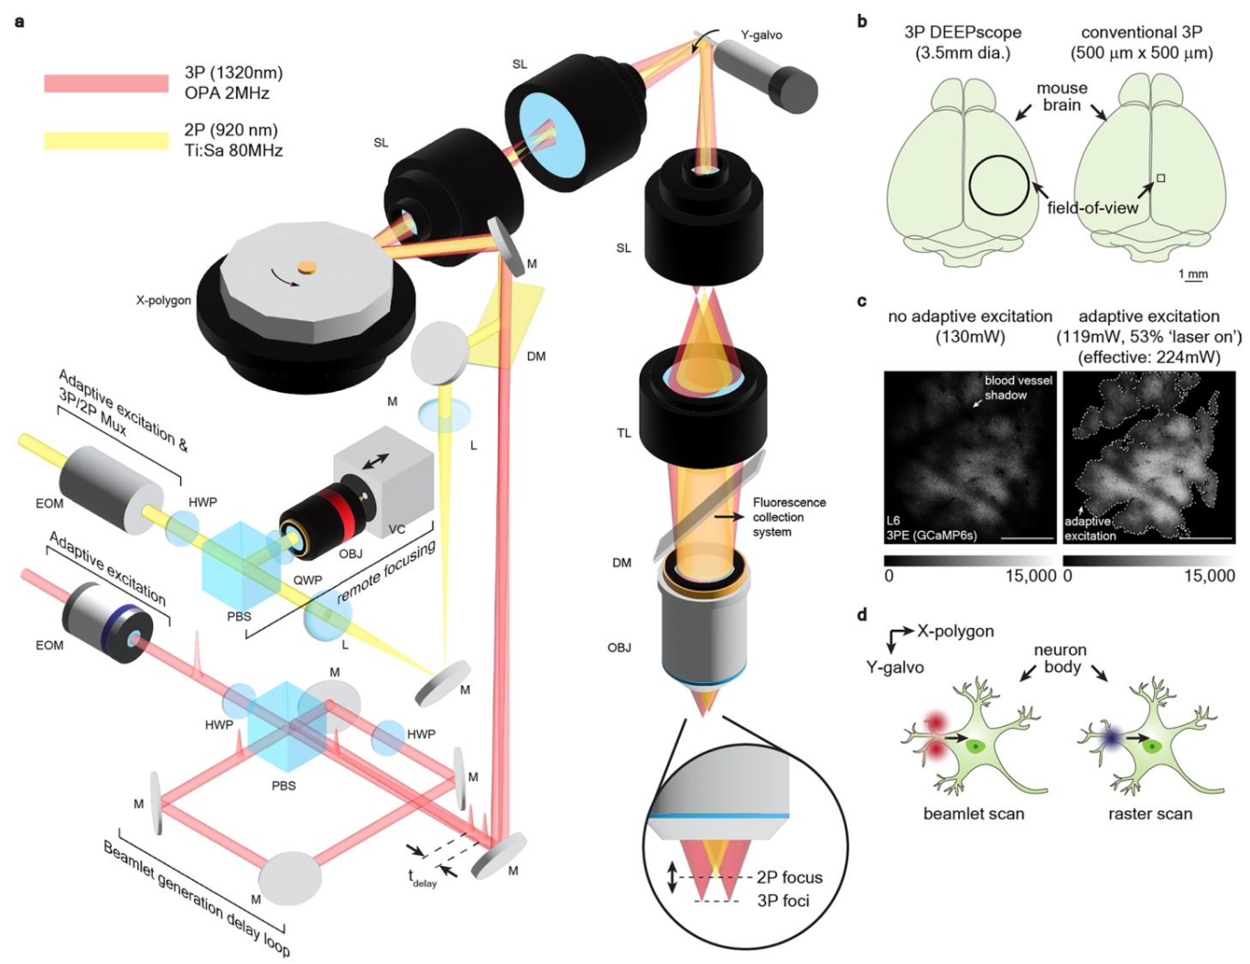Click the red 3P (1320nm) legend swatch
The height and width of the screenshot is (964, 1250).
pyautogui.click(x=106, y=83)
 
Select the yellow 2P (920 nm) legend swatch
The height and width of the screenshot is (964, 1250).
pyautogui.click(x=106, y=140)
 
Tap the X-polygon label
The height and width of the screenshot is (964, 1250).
pyautogui.click(x=164, y=300)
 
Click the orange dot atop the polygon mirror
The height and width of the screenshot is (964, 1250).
pyautogui.click(x=307, y=266)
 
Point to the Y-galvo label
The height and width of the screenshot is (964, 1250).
pyautogui.click(x=761, y=35)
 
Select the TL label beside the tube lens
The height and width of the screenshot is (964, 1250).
pyautogui.click(x=624, y=433)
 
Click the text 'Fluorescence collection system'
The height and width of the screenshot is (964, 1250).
pyautogui.click(x=789, y=517)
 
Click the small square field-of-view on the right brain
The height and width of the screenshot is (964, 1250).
pyautogui.click(x=1160, y=179)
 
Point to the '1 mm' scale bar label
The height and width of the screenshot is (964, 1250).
pyautogui.click(x=1192, y=274)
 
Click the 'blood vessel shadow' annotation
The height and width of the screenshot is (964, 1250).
pyautogui.click(x=1018, y=387)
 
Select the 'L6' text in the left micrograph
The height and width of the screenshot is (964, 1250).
pyautogui.click(x=894, y=520)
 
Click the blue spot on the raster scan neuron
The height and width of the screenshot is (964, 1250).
pyautogui.click(x=1111, y=736)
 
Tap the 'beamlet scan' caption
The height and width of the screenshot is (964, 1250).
pyautogui.click(x=974, y=813)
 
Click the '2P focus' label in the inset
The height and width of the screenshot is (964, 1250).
pyautogui.click(x=789, y=877)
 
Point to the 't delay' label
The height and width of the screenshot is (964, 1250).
pyautogui.click(x=422, y=878)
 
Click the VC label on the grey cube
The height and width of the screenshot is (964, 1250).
pyautogui.click(x=396, y=529)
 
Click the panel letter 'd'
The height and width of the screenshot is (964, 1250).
pyautogui.click(x=862, y=615)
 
